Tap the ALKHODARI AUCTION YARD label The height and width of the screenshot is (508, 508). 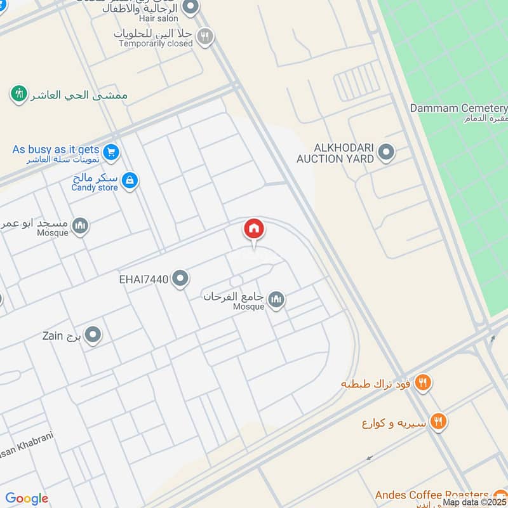point(335,153)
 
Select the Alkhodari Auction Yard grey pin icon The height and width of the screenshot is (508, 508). point(385,152)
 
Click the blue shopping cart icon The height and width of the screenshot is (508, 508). point(111,152)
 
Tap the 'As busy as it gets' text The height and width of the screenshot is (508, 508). point(56,149)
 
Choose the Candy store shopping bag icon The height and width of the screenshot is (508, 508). point(130,181)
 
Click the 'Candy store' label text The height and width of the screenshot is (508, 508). point(95,187)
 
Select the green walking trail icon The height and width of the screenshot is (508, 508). point(19,95)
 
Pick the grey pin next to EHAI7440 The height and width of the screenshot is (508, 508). point(181,278)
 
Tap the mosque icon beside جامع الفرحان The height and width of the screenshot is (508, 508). point(276,300)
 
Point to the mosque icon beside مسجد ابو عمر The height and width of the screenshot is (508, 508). point(80,226)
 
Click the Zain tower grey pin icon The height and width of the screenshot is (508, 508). point(93,335)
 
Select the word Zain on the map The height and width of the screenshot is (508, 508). point(52,335)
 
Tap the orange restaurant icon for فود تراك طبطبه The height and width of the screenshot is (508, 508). point(424,383)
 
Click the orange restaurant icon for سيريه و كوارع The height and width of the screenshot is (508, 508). point(438,421)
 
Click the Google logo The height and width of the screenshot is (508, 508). point(27,498)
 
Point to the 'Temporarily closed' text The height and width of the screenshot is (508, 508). point(156,44)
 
